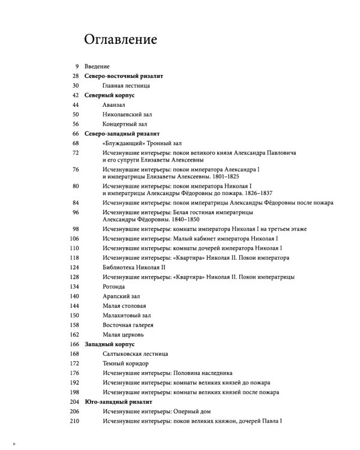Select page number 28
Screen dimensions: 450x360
tap(75, 76)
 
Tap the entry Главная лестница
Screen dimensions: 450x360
tap(125, 86)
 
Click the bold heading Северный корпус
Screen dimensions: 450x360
tap(109, 95)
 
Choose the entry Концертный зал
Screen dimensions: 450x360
tap(124, 124)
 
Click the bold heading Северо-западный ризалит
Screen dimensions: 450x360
tap(121, 133)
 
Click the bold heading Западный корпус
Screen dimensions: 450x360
tap(110, 344)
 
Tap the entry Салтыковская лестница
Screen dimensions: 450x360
tap(133, 354)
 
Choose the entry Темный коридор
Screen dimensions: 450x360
tap(125, 364)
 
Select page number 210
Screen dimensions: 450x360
tap(74, 421)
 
